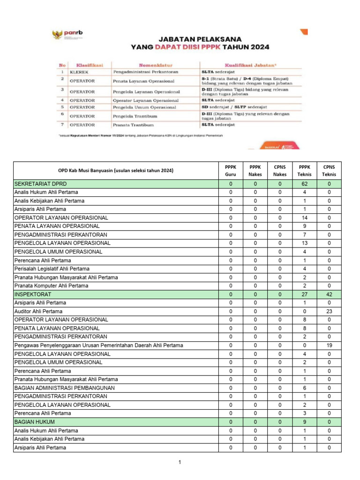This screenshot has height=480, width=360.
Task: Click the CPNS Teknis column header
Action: click(329, 170)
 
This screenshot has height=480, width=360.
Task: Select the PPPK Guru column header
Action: click(231, 170)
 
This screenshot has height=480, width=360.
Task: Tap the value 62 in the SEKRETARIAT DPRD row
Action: click(304, 184)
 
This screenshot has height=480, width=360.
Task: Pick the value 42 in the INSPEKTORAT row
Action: click(329, 294)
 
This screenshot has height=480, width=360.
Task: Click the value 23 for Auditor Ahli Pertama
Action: click(329, 311)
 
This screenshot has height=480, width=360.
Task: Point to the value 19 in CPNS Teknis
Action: click(329, 345)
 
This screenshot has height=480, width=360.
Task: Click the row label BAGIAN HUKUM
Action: click(34, 422)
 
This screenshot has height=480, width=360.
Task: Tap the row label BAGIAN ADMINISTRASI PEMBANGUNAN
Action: click(64, 388)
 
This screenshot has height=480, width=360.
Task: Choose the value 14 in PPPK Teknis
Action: click(304, 218)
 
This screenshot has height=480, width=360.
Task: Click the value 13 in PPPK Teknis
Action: click(304, 243)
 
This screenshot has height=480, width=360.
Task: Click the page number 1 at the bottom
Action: click(180, 463)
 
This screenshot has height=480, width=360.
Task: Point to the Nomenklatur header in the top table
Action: click(156, 65)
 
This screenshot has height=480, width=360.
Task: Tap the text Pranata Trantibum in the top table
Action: click(134, 125)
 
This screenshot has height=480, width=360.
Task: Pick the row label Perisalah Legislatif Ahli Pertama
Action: click(52, 269)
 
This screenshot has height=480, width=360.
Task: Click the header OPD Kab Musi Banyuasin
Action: click(115, 170)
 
